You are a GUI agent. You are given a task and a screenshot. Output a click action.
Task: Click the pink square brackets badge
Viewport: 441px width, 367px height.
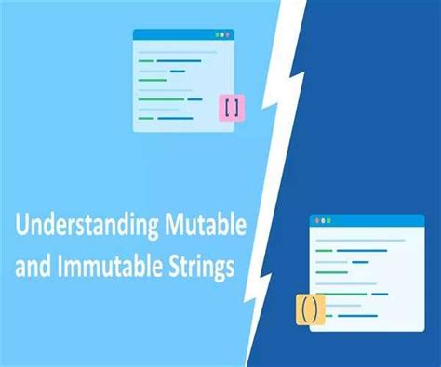pyautogui.click(x=231, y=107)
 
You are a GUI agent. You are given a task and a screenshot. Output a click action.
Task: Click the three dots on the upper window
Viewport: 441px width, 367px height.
pyautogui.click(x=221, y=34)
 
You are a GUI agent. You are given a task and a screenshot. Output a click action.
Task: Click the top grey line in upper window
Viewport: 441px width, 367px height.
pyautogui.click(x=177, y=51)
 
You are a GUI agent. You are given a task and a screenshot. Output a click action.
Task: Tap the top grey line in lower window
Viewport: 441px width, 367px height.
pyautogui.click(x=358, y=240)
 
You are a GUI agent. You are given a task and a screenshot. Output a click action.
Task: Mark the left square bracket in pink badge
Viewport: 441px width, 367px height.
pyautogui.click(x=226, y=107)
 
